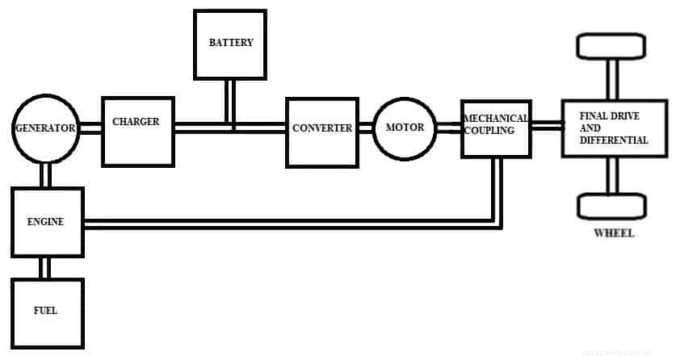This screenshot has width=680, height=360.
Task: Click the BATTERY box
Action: [x=230, y=44]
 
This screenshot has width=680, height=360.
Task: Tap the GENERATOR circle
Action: [x=45, y=128]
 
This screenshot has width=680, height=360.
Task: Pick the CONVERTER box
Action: [x=322, y=132]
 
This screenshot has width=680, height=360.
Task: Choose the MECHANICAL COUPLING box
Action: [x=496, y=128]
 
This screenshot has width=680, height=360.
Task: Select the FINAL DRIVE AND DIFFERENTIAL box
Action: [x=615, y=129]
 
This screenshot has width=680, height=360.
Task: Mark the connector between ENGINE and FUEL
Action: [x=47, y=267]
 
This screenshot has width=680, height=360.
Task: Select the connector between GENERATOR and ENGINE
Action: [x=45, y=174]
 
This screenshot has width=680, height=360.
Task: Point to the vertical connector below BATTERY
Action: [x=231, y=102]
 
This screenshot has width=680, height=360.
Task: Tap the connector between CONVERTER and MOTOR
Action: [x=365, y=128]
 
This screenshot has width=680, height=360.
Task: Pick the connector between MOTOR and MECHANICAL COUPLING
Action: [x=448, y=128]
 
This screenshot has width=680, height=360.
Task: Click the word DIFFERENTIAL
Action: [x=614, y=140]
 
